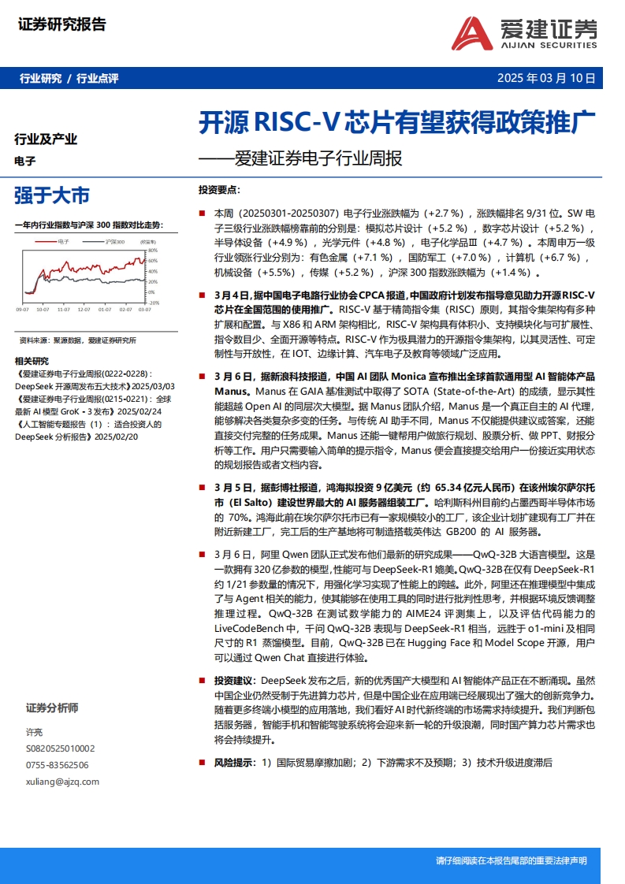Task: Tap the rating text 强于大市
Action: click(52, 195)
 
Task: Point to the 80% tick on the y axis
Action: click(153, 251)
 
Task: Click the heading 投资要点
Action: click(220, 191)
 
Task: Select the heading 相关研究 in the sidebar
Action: click(32, 361)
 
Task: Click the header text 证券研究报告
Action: click(61, 25)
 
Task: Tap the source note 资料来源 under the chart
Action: click(35, 340)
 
